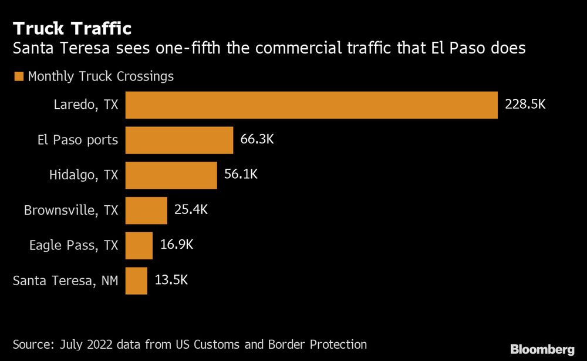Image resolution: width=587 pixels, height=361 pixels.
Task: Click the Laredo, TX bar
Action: coord(312,105)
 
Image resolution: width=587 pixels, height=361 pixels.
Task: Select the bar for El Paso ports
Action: coord(180,140)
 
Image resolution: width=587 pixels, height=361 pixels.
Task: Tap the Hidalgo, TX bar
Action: coord(171,175)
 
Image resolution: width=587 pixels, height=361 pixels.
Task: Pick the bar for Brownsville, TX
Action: coord(146,210)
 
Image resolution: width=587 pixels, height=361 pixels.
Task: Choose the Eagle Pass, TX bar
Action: coord(139,245)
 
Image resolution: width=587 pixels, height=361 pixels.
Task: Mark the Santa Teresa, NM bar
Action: coord(136,280)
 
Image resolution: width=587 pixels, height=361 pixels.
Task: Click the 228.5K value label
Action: coord(525,105)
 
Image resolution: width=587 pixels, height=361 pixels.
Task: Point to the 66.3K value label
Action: coord(258,140)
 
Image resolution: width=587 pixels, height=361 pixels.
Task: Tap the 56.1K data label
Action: coord(241,175)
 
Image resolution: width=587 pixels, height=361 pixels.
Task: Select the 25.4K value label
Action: coord(191,210)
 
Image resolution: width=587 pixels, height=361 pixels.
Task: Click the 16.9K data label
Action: coord(177,245)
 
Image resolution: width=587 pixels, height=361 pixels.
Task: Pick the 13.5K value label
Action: coord(171,280)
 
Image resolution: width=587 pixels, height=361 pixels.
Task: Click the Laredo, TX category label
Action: coord(86,105)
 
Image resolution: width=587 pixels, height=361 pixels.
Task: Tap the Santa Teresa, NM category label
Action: coord(66,280)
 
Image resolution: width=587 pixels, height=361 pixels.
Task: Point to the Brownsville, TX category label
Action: coord(71,210)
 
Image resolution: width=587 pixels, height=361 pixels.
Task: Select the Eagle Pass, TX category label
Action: coord(74,245)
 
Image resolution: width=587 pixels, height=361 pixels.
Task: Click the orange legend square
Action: coord(18,76)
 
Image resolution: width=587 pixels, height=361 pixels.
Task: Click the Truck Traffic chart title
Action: coord(72,28)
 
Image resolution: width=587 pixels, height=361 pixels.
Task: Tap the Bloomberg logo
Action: coord(542,349)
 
